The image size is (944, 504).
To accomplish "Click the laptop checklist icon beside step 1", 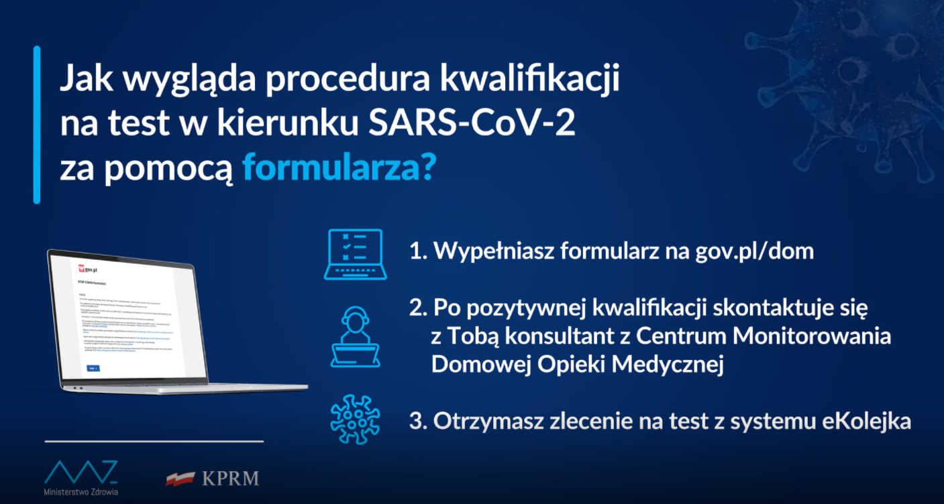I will point(353,255).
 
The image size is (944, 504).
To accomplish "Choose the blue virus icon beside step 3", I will point(355,420).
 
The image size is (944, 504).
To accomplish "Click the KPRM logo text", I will point(230,479).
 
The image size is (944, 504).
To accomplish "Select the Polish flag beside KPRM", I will point(180,479).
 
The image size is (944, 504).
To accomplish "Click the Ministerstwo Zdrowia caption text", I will point(81,491).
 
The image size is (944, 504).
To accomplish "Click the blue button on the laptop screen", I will point(93,368).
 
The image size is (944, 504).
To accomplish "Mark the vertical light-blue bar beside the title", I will point(37,125).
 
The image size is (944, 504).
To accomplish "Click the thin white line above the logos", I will point(154,442).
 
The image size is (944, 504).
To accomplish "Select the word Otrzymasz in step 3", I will point(478,422).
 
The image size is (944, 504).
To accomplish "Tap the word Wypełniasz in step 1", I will point(480,252).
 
